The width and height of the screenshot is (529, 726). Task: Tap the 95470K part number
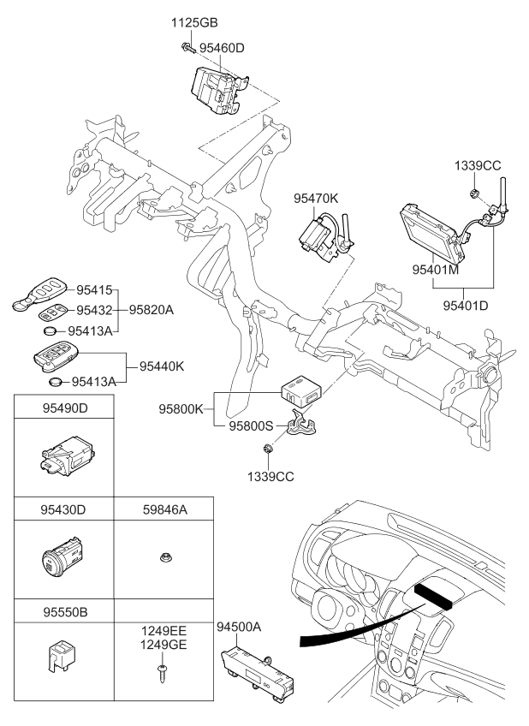click(316, 199)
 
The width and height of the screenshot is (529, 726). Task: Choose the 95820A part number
click(151, 310)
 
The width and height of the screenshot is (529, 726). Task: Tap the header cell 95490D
click(65, 408)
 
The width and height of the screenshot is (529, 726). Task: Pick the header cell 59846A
click(164, 510)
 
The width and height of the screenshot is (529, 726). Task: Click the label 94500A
click(239, 628)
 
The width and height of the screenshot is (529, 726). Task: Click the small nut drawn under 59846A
click(164, 557)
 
